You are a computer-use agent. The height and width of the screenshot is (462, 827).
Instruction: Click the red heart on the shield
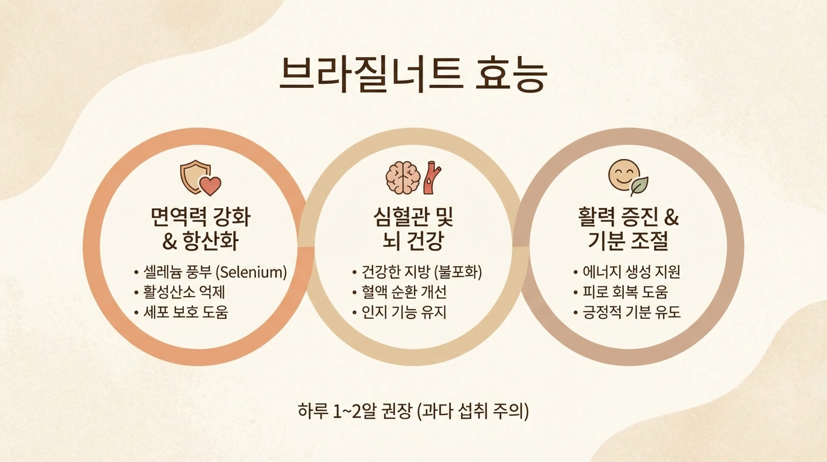point(210,185)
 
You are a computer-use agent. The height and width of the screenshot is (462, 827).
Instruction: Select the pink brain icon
point(403,178)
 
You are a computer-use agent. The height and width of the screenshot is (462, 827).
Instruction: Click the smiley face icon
point(624,175)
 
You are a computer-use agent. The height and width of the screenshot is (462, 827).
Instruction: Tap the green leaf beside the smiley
point(639,186)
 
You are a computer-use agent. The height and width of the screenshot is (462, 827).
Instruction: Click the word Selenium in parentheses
point(252,273)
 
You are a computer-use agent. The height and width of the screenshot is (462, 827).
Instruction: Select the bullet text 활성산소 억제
point(185,292)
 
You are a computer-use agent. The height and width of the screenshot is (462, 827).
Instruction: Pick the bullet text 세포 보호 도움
point(186,312)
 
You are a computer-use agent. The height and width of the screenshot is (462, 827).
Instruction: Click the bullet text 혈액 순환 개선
point(404,292)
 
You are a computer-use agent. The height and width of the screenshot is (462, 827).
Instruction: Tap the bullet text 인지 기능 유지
point(404,312)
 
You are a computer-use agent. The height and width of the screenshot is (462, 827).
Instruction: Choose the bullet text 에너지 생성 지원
point(631,273)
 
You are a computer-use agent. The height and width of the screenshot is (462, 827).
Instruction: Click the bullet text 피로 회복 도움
point(626,292)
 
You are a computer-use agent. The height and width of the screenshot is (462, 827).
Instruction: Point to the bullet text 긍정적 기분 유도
point(631,312)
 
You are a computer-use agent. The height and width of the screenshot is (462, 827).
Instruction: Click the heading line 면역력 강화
point(201,217)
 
